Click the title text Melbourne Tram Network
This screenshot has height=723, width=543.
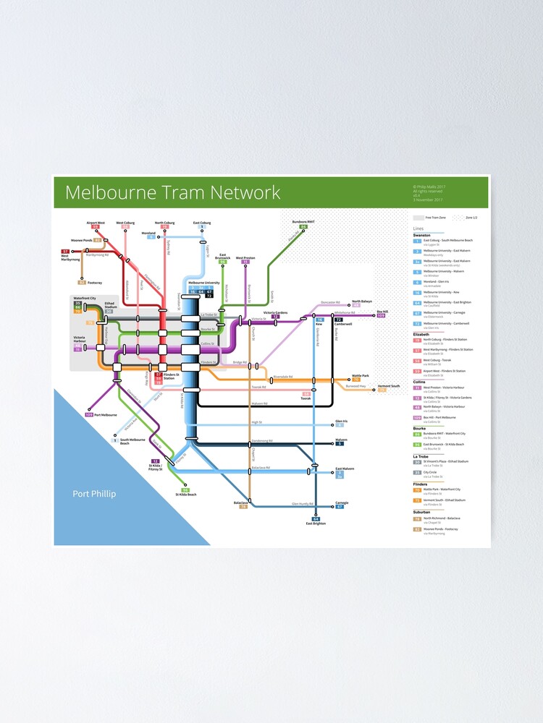click(x=172, y=193)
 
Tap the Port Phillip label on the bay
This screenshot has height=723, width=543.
click(x=93, y=495)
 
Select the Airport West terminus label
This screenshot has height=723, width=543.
click(x=96, y=223)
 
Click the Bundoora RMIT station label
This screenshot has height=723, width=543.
click(x=303, y=222)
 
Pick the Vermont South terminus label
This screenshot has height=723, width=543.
click(x=389, y=386)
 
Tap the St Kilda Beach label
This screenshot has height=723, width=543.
click(x=186, y=495)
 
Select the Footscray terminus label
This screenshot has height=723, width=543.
click(x=95, y=283)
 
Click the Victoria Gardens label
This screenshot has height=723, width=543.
click(x=275, y=312)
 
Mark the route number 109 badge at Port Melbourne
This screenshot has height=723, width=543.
click(x=89, y=415)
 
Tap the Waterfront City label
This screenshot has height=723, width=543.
click(x=84, y=298)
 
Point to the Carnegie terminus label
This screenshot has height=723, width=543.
click(x=342, y=502)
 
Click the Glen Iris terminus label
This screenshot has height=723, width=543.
click(x=341, y=421)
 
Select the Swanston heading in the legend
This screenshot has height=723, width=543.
click(x=421, y=235)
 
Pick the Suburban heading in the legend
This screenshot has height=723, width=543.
click(x=421, y=512)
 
